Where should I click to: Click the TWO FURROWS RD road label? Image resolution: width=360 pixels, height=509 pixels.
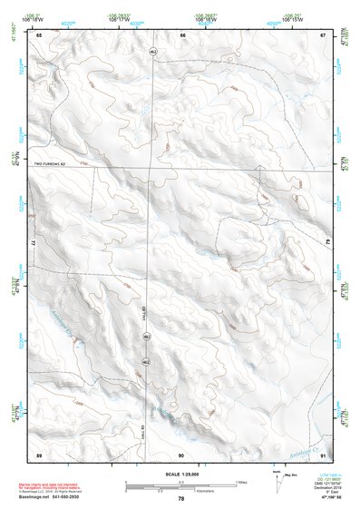pyautogui.click(x=52, y=163)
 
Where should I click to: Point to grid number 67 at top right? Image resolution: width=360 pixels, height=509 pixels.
pyautogui.click(x=323, y=34)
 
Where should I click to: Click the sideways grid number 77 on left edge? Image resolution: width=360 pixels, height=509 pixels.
pyautogui.click(x=34, y=244)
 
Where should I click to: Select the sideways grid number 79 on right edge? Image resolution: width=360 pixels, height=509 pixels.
pyautogui.click(x=328, y=243)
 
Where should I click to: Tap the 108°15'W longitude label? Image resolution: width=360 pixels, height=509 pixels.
pyautogui.click(x=290, y=19)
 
